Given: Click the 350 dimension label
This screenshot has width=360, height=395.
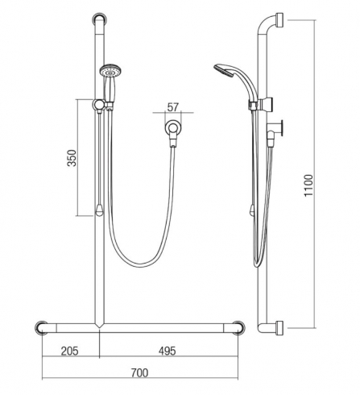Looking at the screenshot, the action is [x=72, y=158].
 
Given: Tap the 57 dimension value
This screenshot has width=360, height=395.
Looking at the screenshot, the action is [x=172, y=107].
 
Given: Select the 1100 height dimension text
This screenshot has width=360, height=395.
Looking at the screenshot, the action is [x=308, y=185].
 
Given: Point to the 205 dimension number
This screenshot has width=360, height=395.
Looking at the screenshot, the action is [x=70, y=351].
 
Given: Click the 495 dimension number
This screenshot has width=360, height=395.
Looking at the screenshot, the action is [x=167, y=351].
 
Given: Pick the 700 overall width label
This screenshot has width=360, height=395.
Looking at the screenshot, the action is [x=139, y=373].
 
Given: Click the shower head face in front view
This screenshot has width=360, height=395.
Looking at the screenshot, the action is [x=110, y=70].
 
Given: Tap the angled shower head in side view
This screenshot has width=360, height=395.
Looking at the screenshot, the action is [x=224, y=70].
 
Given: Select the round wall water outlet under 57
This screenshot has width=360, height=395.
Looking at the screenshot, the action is [x=173, y=127].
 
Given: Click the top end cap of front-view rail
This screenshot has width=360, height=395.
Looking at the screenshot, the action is [x=100, y=19].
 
